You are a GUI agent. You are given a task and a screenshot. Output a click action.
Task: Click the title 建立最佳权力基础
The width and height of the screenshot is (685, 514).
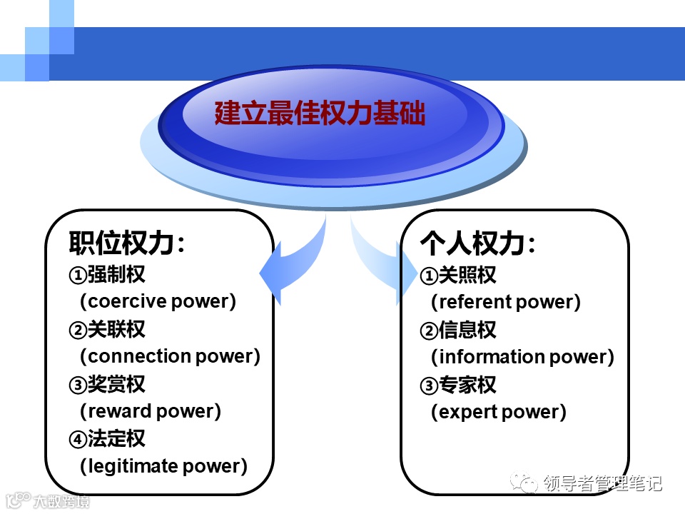coord(320,114)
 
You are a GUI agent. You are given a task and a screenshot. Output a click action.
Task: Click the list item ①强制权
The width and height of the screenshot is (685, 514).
coord(107,274)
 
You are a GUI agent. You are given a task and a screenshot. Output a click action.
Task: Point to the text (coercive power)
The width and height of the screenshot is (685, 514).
coord(158,301)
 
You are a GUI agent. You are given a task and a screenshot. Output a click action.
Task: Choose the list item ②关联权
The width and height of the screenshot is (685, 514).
coord(107,329)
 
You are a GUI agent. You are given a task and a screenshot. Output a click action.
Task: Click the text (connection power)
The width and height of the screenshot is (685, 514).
coord(170,356)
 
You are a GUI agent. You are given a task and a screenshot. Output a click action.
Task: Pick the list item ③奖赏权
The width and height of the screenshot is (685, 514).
coord(107,384)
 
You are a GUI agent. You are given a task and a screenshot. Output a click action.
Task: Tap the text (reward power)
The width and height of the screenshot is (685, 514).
coord(151,411)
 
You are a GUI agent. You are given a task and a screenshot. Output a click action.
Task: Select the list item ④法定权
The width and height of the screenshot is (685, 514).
coord(107,439)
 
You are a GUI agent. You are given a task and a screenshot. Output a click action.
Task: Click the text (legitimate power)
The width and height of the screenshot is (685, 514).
coord(163,466)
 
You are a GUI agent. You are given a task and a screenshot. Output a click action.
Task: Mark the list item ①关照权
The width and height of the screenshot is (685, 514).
coord(458,275)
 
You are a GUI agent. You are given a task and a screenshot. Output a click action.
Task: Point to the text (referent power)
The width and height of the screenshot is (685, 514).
coord(506,302)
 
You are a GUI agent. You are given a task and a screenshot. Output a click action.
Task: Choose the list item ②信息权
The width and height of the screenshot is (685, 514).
coord(458,330)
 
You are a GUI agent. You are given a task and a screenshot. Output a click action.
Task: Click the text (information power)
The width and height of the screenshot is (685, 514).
coord(522,357)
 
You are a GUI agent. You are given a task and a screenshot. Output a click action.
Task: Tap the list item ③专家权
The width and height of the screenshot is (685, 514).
coord(458,385)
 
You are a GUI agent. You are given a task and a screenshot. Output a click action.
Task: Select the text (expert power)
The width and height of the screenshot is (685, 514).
coord(499,412)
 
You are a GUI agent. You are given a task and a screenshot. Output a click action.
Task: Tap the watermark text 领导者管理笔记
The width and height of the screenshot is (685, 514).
coord(603,484)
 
